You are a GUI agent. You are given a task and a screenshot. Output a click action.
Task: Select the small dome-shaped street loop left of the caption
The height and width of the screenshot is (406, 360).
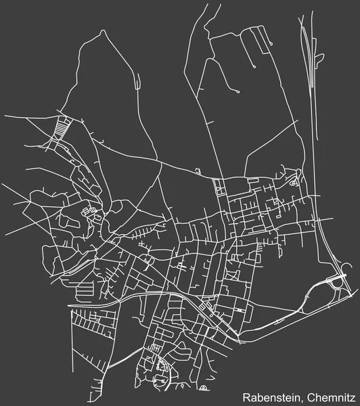(204, 388)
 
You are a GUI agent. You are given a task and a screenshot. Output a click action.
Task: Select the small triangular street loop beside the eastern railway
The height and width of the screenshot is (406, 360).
(293, 182)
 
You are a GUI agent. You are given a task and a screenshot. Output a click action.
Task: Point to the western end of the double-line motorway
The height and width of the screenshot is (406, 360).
(70, 306)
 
